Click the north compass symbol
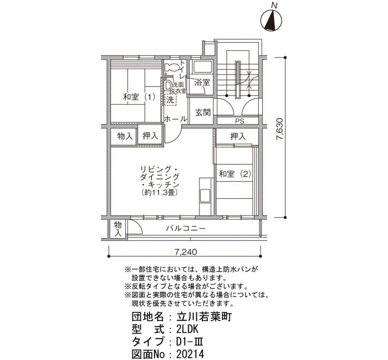coord(271,20)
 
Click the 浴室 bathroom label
coord(202,83)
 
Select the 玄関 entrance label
coord(203,112)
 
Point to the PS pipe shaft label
coord(239,121)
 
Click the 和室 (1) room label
coord(139,97)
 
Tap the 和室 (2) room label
coord(235,174)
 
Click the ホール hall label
coord(176,119)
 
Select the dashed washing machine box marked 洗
coord(171,100)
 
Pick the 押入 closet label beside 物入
coord(150,136)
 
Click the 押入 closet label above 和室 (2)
coord(238,136)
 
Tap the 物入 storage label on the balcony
coord(118,229)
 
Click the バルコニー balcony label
coord(186,228)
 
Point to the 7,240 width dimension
coord(186,252)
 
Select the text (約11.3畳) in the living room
coord(160,192)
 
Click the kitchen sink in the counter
coord(205,195)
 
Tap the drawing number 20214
coord(190,354)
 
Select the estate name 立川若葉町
coord(204,317)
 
